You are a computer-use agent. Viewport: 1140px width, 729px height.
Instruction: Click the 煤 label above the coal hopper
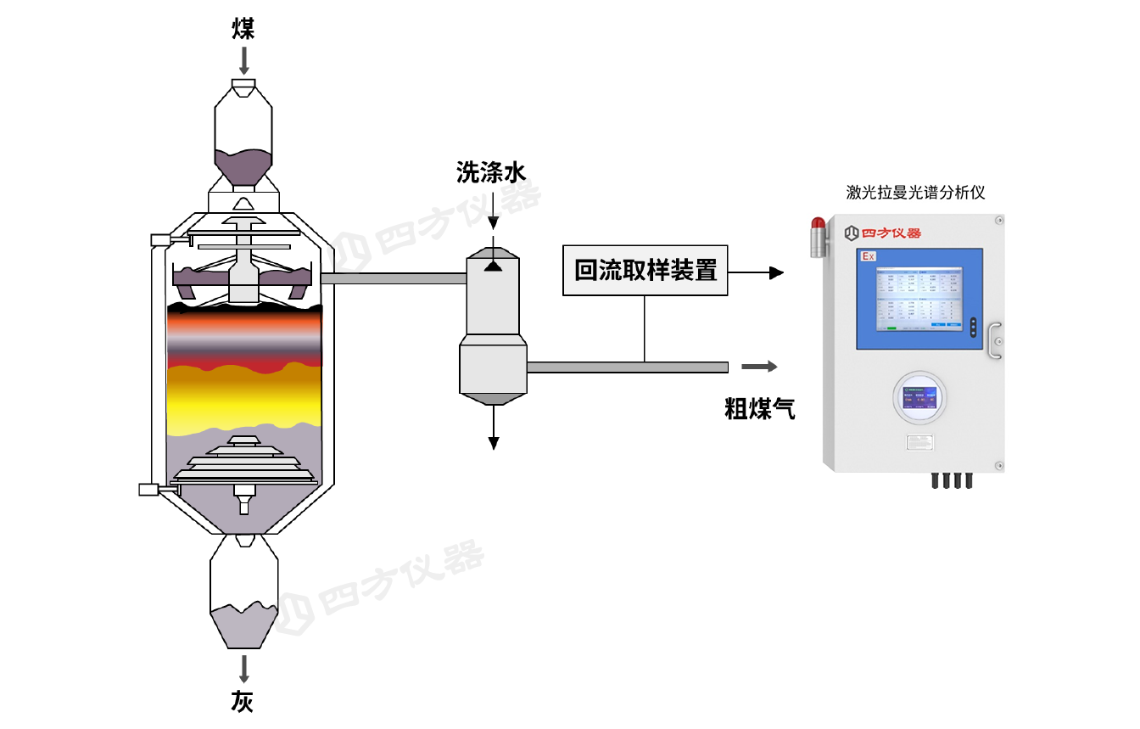coord(243,31)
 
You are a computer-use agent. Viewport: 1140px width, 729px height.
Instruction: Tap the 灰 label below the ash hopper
coord(243,702)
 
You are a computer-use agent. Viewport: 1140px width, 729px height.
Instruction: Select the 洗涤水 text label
coord(491,173)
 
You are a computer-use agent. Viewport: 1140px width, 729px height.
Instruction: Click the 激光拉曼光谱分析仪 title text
coord(914,193)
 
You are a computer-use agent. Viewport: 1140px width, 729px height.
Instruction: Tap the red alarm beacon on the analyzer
coord(818,226)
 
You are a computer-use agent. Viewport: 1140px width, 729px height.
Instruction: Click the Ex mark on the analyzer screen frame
coord(868,256)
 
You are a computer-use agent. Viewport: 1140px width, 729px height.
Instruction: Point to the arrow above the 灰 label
coord(244,669)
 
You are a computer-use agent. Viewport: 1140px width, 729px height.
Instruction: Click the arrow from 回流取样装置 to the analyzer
coord(755,272)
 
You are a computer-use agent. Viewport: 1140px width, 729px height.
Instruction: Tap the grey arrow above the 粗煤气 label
coord(759,367)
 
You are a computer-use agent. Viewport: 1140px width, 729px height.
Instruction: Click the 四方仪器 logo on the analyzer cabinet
coord(883,232)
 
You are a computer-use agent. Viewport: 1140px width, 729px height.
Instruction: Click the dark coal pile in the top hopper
coord(243,168)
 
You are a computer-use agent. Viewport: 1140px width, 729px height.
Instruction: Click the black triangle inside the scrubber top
coord(493,266)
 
